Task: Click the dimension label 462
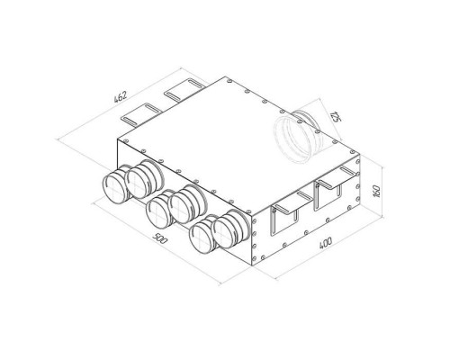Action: coord(121,96)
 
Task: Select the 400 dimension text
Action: coord(325,243)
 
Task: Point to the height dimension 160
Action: coord(377,192)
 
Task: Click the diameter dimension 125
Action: coord(336,117)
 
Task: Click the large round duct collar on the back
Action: coord(299,137)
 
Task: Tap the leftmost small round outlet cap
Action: coord(115,187)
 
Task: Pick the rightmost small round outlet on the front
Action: coord(230,229)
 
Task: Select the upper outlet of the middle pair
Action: coord(188,204)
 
